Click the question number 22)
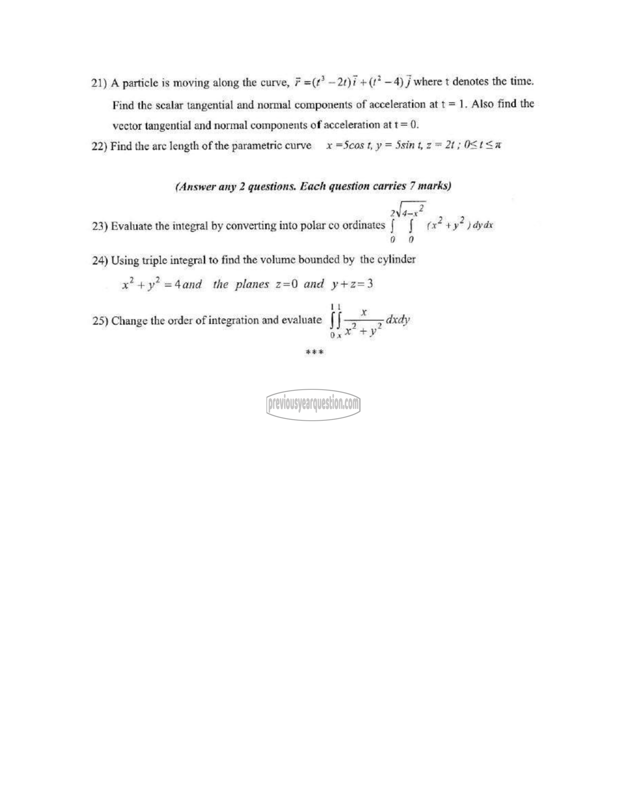[x=99, y=146]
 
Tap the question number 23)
[x=100, y=226]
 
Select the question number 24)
[x=100, y=261]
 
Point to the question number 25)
[x=100, y=321]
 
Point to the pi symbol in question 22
[x=498, y=145]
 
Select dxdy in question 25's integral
[x=398, y=319]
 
